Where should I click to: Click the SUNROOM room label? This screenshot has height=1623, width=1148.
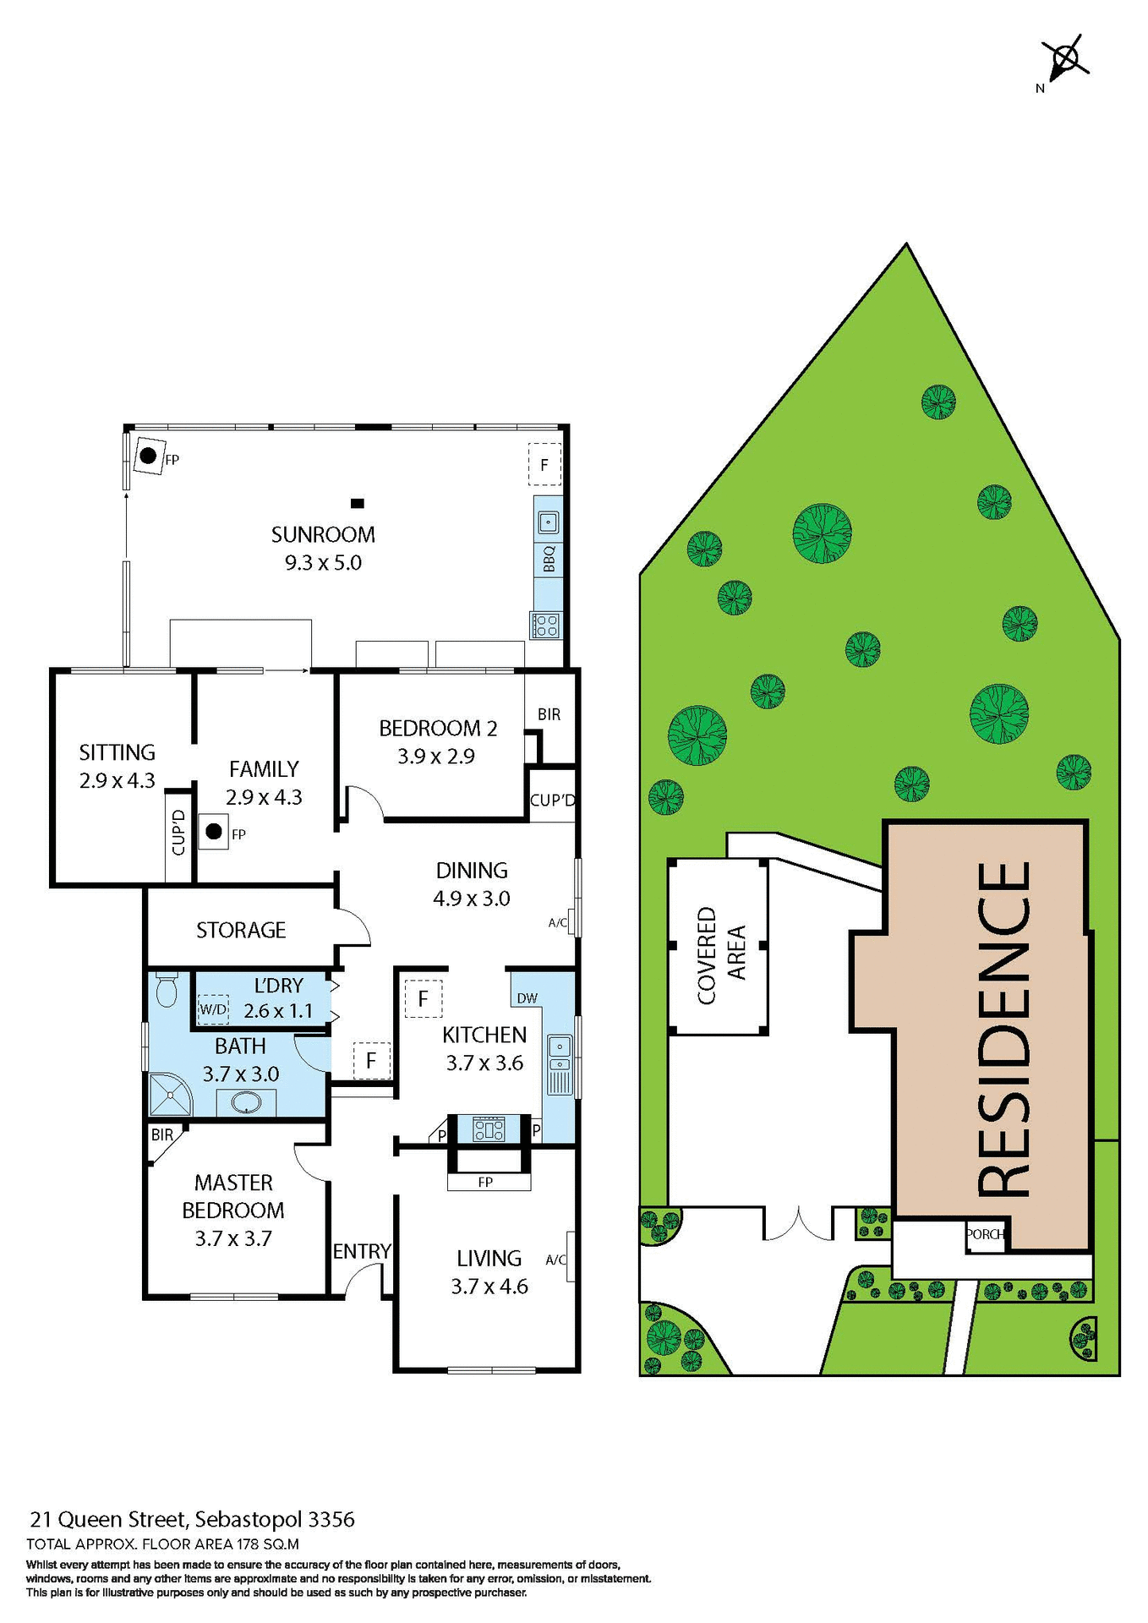[x=323, y=534]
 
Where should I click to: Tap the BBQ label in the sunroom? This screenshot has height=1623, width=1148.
[x=549, y=559]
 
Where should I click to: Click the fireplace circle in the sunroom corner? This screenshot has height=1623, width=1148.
[x=148, y=456]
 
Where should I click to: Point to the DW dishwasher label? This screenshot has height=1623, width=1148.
[x=527, y=998]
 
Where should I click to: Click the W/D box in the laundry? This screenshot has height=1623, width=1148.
[x=213, y=1009]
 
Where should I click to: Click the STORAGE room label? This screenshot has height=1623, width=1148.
[x=241, y=930]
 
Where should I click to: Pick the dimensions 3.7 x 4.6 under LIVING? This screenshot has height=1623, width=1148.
[x=489, y=1287]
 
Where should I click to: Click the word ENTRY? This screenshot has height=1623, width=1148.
[x=362, y=1251]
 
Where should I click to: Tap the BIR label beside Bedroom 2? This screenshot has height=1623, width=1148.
[x=549, y=714]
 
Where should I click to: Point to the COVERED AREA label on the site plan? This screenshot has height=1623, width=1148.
[x=720, y=955]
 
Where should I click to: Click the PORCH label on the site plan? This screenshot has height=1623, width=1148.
[x=985, y=1234]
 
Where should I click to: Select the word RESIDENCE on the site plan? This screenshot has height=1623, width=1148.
[x=1005, y=1029]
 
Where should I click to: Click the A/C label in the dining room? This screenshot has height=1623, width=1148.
[x=558, y=923]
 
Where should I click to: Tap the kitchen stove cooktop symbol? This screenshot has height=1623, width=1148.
[x=489, y=1128]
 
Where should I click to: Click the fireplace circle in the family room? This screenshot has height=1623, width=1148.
[x=214, y=832]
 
